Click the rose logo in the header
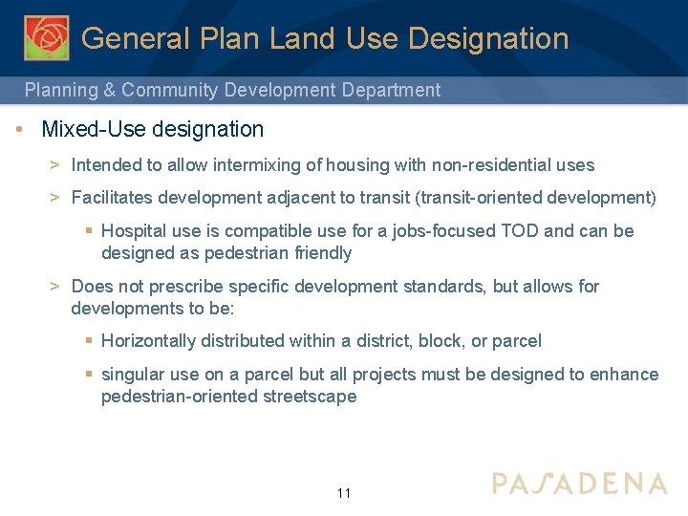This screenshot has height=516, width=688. pyautogui.click(x=47, y=38)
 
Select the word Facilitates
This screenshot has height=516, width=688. pyautogui.click(x=111, y=198)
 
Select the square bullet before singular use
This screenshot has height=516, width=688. pyautogui.click(x=89, y=375)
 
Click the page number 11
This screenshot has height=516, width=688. pyautogui.click(x=344, y=494)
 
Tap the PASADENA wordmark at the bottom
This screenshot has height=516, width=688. pyautogui.click(x=579, y=483)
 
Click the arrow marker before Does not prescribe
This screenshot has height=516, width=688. pyautogui.click(x=55, y=287)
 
